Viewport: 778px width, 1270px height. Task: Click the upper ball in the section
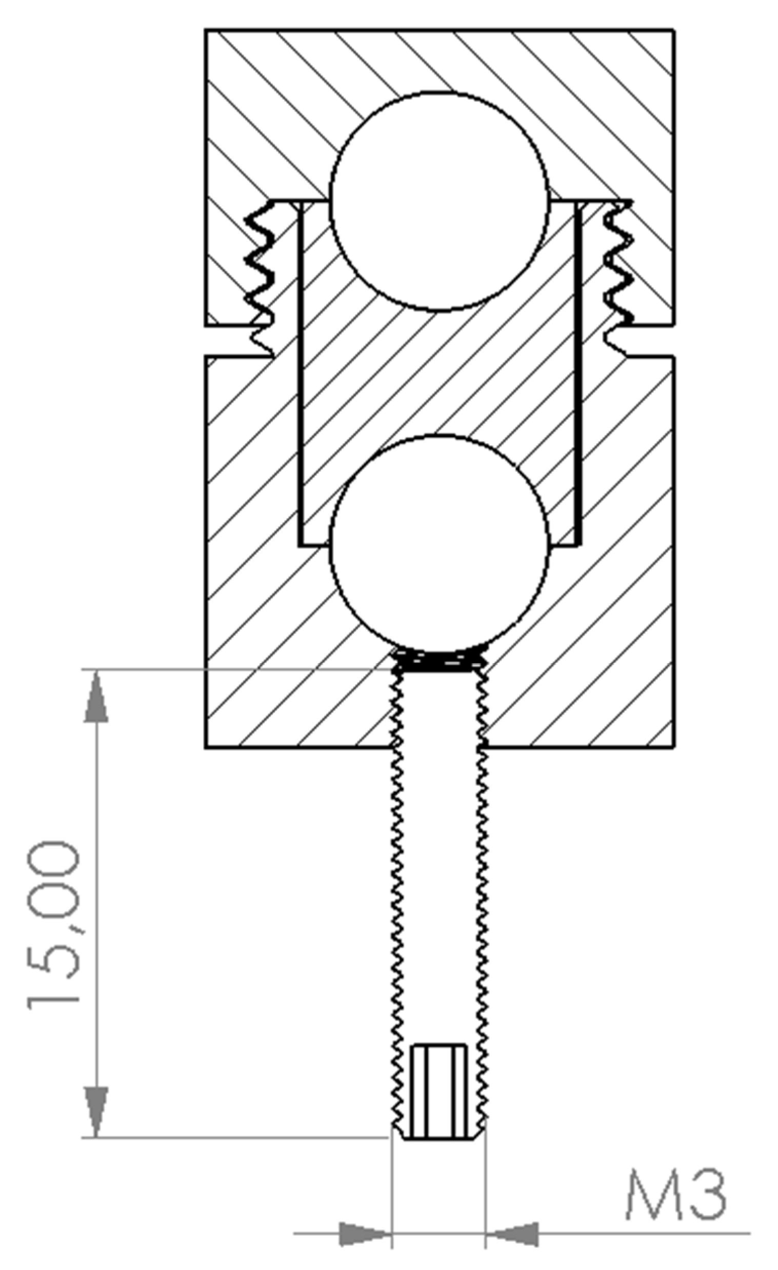click(439, 202)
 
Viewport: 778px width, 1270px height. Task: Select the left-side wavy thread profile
click(261, 279)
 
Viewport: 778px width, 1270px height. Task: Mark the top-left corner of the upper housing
click(206, 30)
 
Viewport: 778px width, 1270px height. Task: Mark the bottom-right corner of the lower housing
click(673, 747)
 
